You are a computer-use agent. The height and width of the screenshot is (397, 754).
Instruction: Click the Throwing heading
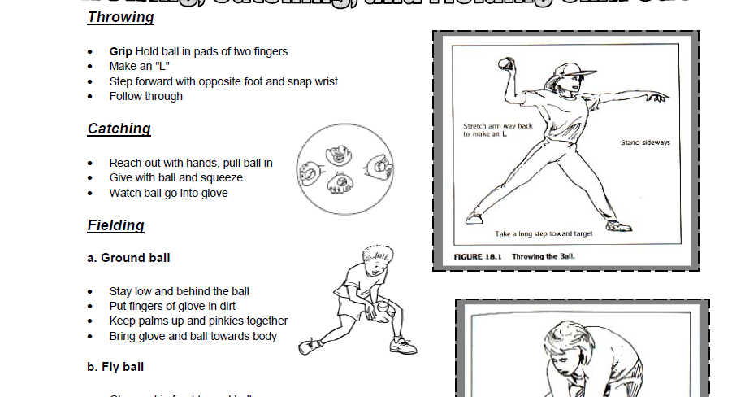point(120,17)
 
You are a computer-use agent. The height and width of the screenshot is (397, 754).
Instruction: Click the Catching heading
point(119,129)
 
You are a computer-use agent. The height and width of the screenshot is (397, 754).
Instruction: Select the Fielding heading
point(115,225)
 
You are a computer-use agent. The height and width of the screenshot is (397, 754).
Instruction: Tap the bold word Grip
point(120,51)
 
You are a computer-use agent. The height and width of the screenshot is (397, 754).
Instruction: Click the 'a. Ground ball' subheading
point(128,258)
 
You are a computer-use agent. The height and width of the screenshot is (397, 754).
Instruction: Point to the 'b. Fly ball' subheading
point(115,367)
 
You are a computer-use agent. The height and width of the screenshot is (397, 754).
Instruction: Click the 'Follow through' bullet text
point(146,96)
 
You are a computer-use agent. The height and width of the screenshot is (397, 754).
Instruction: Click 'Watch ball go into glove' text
point(168,193)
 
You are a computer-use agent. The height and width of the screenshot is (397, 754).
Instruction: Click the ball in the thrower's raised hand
point(506,63)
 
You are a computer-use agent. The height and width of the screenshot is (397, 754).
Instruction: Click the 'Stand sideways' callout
point(645,142)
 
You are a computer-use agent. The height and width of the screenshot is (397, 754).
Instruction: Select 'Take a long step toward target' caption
point(544,233)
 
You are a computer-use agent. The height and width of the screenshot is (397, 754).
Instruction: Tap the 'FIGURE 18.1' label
point(479,256)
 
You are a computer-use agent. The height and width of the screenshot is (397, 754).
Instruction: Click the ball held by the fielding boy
point(381,308)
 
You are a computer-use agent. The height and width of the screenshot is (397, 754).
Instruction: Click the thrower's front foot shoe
point(617,225)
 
